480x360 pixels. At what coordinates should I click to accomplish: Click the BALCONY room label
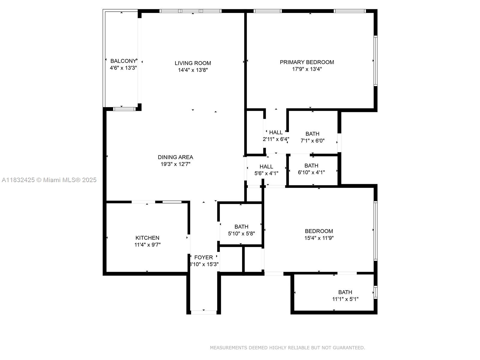tap(123, 61)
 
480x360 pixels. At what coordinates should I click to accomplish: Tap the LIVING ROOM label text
tap(193, 63)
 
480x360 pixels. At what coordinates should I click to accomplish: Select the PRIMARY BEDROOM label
tap(307, 62)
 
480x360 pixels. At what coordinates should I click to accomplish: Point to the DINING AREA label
tap(175, 157)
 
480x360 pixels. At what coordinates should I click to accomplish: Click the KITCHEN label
tap(147, 238)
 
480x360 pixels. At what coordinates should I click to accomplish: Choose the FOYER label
tap(203, 257)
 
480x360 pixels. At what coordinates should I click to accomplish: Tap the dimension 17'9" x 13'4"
tap(307, 69)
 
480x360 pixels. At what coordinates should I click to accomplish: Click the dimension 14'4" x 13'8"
tap(193, 70)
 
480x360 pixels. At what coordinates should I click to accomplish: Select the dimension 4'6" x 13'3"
tap(123, 68)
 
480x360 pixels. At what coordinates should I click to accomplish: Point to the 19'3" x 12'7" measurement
tap(175, 164)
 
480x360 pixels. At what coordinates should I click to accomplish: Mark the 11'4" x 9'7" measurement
tap(147, 244)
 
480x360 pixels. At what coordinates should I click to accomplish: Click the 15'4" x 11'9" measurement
tap(319, 238)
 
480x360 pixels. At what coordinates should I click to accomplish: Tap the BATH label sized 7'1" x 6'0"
tap(312, 134)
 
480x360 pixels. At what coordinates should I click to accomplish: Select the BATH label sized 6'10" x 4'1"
tap(311, 166)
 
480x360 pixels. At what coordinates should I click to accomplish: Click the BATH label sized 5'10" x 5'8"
tap(241, 227)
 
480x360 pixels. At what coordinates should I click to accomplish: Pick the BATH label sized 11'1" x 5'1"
tap(345, 292)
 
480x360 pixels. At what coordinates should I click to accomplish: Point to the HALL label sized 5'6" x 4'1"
tap(266, 166)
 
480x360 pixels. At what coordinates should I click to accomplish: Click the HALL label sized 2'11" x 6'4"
tap(276, 132)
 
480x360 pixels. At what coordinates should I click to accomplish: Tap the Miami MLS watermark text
tap(49, 180)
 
